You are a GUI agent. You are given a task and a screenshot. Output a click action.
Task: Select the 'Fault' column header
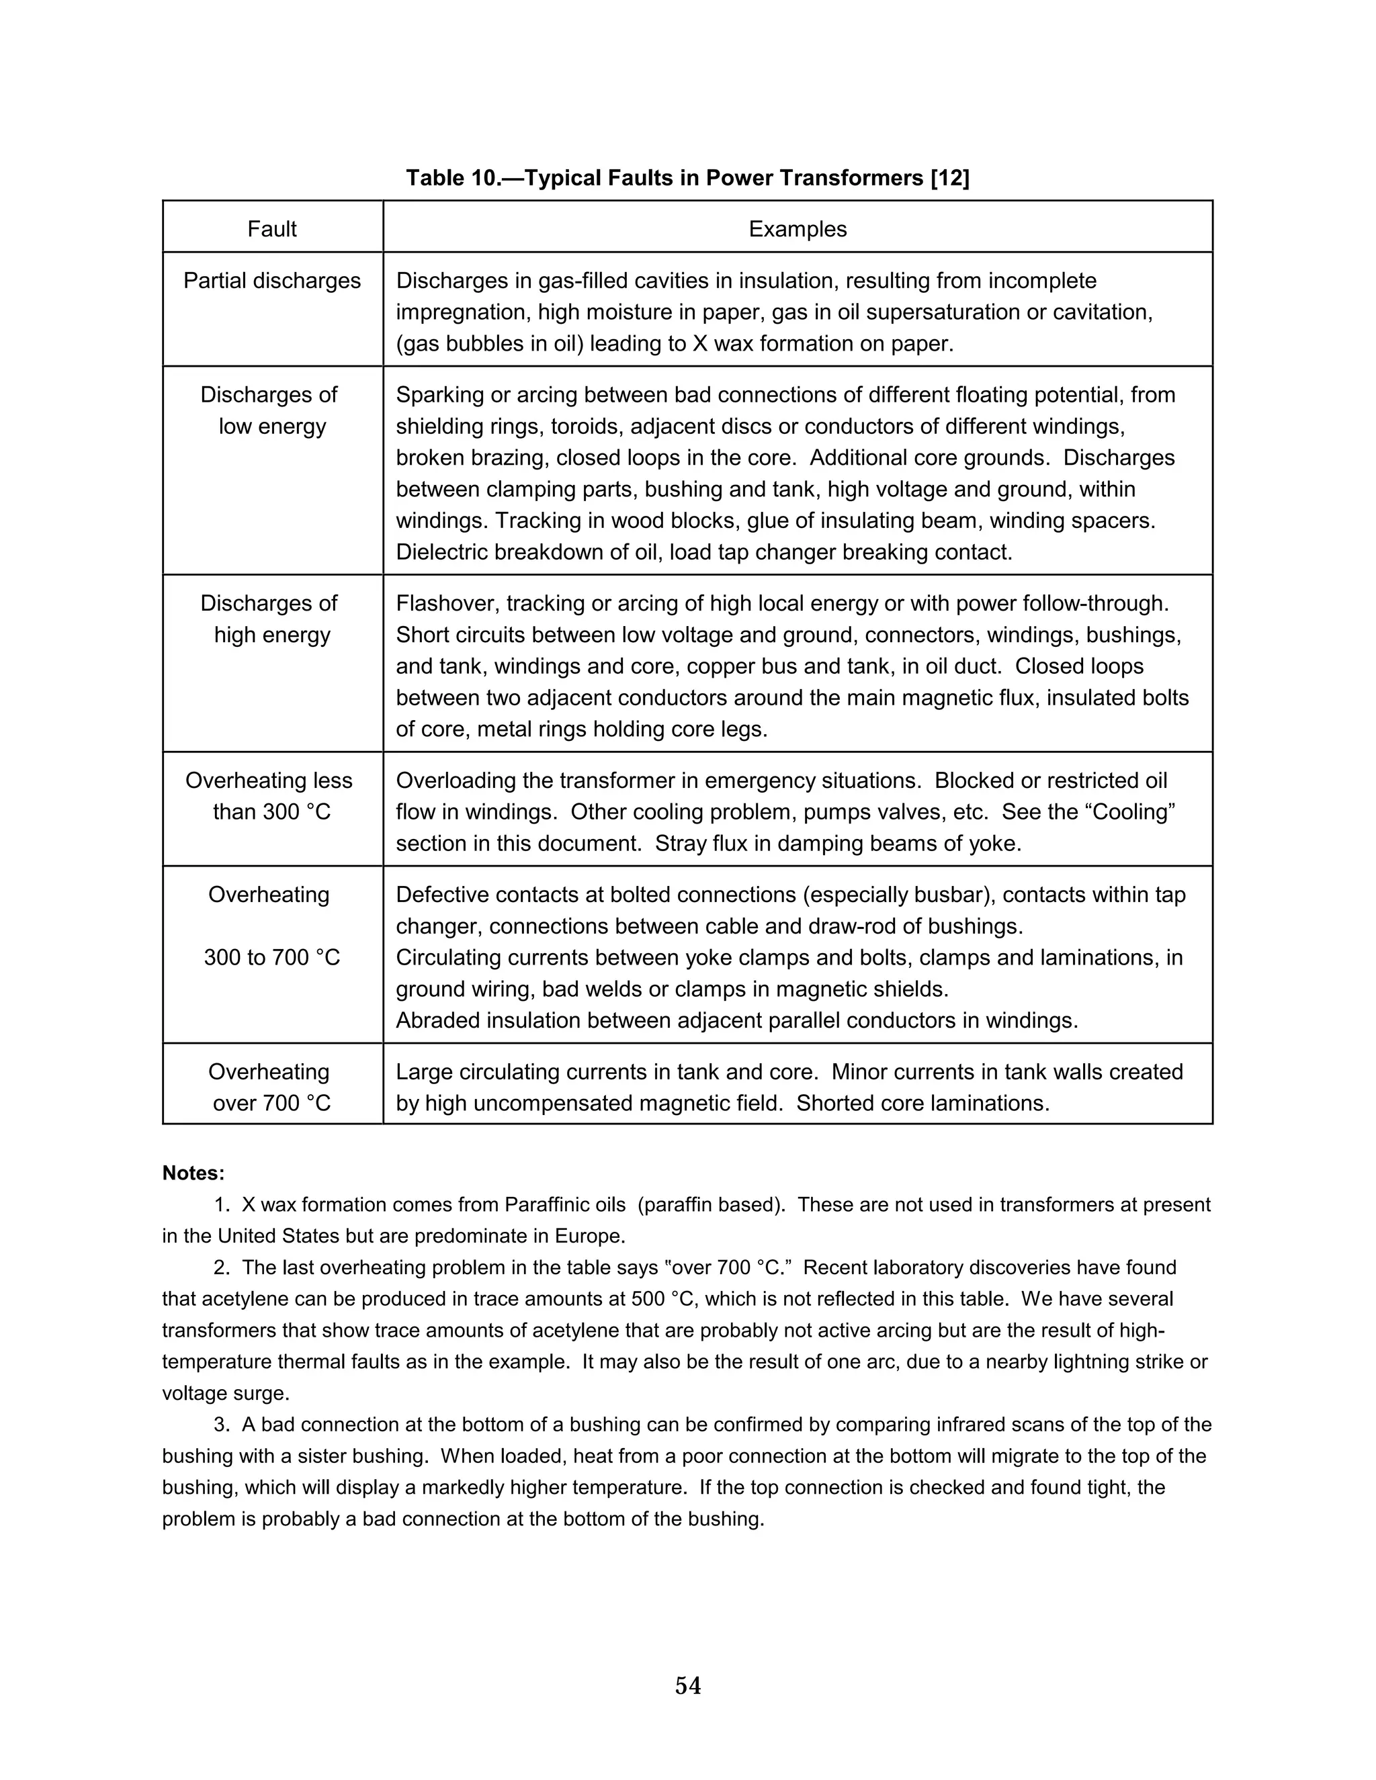(272, 229)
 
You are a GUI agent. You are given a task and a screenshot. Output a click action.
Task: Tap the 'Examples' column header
(798, 229)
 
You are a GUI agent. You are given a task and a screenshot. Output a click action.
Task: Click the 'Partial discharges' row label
(272, 280)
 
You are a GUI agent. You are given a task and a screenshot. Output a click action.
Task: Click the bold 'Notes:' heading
(193, 1173)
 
